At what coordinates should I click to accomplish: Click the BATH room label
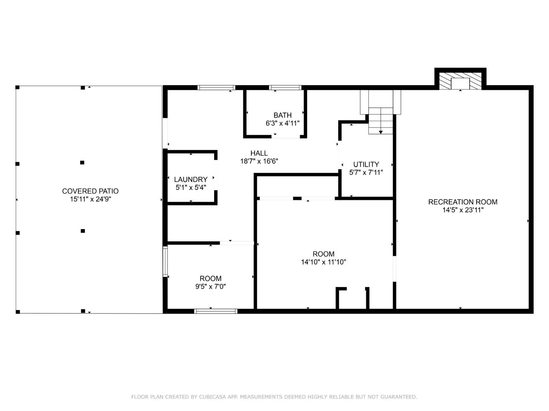click(x=283, y=115)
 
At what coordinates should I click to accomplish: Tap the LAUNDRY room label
click(x=191, y=179)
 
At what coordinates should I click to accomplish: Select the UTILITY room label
click(x=366, y=164)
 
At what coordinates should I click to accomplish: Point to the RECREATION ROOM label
click(x=463, y=202)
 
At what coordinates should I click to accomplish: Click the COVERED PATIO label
click(x=90, y=191)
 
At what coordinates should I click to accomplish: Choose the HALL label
click(x=259, y=153)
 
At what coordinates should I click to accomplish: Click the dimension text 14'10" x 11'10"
click(x=324, y=262)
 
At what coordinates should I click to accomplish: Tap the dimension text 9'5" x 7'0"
click(x=210, y=286)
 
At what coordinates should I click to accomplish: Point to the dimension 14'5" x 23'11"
click(x=463, y=210)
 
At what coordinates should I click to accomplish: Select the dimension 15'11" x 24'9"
click(x=90, y=199)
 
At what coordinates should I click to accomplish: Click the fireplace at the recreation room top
click(x=460, y=81)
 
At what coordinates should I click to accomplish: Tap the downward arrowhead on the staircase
click(x=381, y=132)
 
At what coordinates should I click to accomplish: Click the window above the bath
click(x=285, y=88)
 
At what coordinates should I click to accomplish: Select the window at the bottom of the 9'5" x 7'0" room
click(x=216, y=311)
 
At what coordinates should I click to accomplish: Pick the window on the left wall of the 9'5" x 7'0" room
click(x=165, y=261)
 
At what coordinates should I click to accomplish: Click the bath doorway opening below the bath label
click(x=285, y=137)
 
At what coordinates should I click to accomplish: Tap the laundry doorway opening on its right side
click(x=216, y=175)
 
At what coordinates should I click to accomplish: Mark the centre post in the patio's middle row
click(x=82, y=163)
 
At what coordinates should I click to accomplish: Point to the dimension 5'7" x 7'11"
click(x=366, y=172)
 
